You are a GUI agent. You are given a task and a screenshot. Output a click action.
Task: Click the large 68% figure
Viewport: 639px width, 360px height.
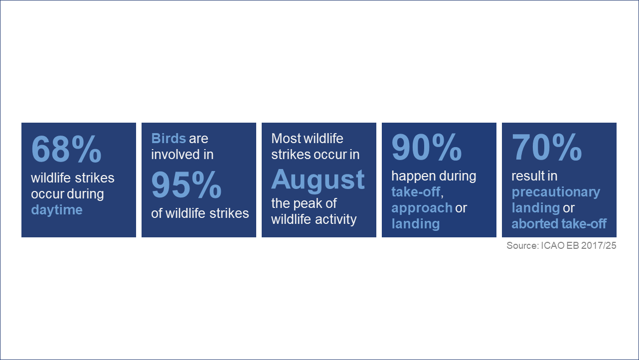[x=66, y=149]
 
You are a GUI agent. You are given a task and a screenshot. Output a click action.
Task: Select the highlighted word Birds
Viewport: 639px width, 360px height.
[x=168, y=138]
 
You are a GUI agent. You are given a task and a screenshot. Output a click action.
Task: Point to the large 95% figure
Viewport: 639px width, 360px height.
[x=186, y=184]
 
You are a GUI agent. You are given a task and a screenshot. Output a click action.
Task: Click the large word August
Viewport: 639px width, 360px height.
[x=318, y=180]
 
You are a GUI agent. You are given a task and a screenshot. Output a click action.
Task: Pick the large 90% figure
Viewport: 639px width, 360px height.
[x=427, y=147]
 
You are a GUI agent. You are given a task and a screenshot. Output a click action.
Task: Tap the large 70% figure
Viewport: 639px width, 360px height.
[x=547, y=147]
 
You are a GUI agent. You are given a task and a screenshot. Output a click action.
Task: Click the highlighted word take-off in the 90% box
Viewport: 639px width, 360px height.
[x=416, y=192]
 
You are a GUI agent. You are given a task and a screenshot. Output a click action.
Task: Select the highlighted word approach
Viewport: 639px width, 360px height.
[x=422, y=208]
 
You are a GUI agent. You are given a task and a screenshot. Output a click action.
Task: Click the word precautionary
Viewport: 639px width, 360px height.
[x=556, y=192]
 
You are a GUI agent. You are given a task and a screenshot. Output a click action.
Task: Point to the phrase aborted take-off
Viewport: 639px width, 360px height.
[x=559, y=224]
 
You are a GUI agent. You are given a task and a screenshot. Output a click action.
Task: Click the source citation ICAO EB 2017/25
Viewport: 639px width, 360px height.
[x=579, y=246]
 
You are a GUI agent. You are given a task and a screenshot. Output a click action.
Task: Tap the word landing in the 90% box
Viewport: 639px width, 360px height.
[x=415, y=224]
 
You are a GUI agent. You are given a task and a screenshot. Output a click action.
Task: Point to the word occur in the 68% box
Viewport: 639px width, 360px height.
[x=48, y=194]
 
